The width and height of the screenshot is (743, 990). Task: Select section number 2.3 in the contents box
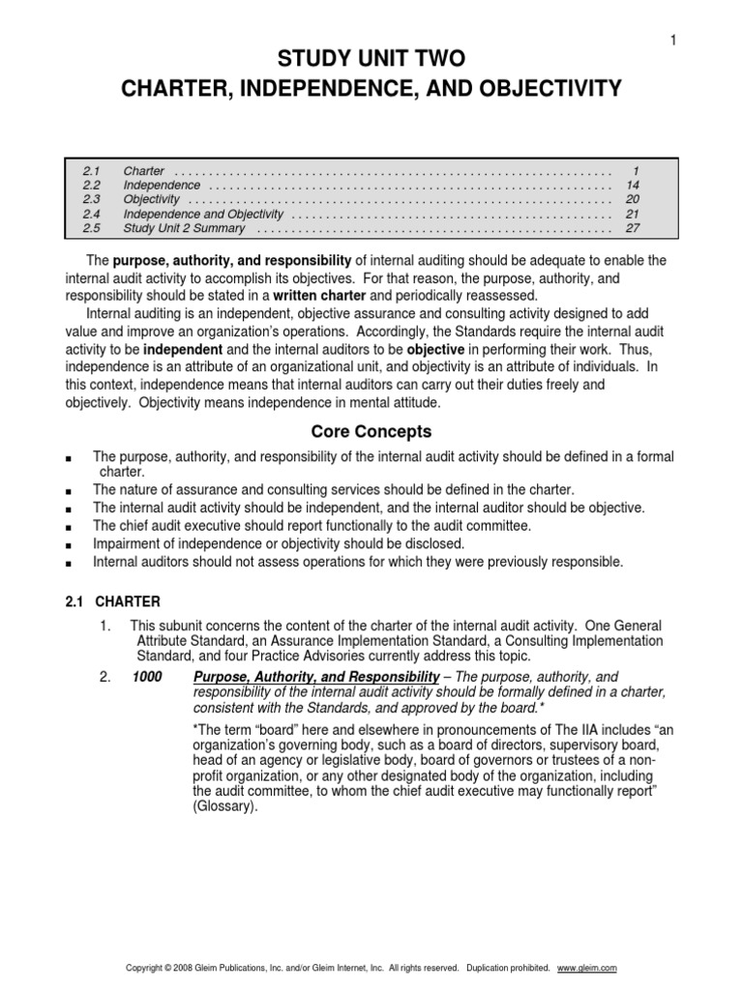pos(92,199)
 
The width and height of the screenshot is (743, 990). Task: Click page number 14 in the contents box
pos(633,185)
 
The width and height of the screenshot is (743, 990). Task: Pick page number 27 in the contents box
pos(633,228)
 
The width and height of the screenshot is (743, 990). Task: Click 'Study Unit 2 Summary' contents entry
pos(184,228)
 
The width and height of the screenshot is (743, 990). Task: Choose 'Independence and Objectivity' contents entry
pos(203,214)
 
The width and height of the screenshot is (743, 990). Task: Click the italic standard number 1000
pos(148,677)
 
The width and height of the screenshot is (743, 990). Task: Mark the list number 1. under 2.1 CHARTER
pos(106,626)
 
